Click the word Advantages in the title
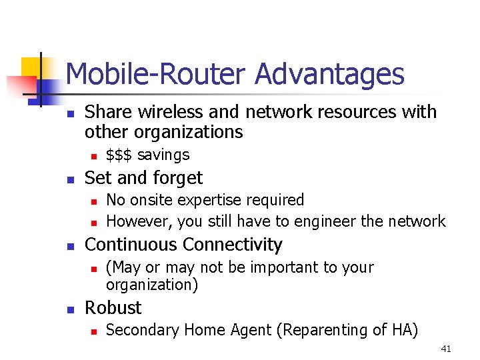[329, 75]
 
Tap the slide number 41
[446, 349]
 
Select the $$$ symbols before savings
[120, 155]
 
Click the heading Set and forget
[143, 178]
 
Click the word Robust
[113, 308]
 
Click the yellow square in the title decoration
[32, 67]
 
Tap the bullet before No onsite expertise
[94, 201]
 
